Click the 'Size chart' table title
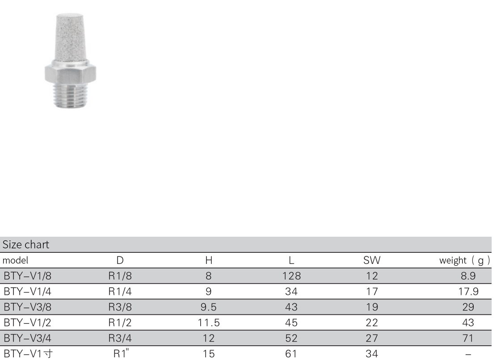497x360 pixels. pyautogui.click(x=25, y=244)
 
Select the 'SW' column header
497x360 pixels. pyautogui.click(x=371, y=260)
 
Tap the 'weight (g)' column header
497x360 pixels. pyautogui.click(x=465, y=260)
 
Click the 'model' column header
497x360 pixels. pyautogui.click(x=15, y=260)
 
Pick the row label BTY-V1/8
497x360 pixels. pyautogui.click(x=27, y=276)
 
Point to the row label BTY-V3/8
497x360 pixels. pyautogui.click(x=27, y=307)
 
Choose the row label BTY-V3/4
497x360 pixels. pyautogui.click(x=27, y=338)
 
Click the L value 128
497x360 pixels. pyautogui.click(x=291, y=276)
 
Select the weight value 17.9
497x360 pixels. pyautogui.click(x=468, y=291)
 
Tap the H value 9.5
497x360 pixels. pyautogui.click(x=208, y=307)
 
